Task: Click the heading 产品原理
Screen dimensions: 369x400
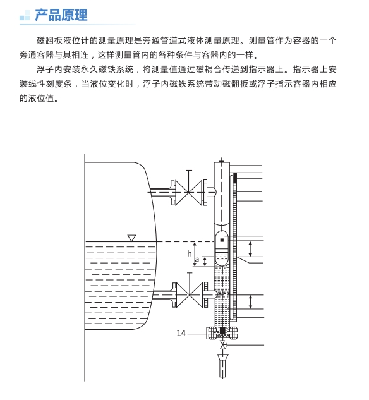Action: click(61, 15)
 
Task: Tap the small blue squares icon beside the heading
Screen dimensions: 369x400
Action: click(25, 15)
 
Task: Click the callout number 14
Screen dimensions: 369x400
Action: click(181, 333)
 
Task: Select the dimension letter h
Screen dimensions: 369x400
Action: click(190, 253)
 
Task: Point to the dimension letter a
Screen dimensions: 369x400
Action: click(197, 260)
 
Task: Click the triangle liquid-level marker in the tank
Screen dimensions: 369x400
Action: click(131, 238)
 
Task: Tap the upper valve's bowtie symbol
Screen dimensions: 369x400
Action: click(188, 192)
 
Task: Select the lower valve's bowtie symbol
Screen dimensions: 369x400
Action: click(190, 294)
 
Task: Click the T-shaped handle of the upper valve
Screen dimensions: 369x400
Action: click(189, 181)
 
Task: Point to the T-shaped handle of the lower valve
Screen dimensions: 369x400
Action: click(190, 283)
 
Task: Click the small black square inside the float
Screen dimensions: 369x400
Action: click(222, 240)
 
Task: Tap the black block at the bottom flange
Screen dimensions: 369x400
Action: click(222, 330)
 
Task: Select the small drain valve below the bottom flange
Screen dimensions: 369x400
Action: click(222, 345)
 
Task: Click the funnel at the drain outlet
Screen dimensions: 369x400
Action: click(223, 357)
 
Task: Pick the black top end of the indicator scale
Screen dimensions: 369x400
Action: click(235, 178)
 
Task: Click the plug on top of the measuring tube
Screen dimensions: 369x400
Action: click(221, 161)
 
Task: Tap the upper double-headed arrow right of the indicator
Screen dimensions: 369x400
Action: click(250, 249)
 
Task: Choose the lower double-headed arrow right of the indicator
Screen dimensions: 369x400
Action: click(250, 302)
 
